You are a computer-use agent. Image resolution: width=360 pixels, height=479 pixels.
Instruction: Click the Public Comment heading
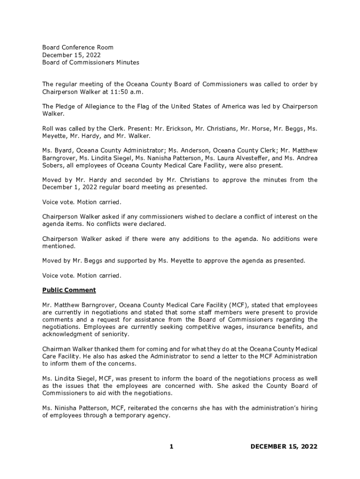(69, 290)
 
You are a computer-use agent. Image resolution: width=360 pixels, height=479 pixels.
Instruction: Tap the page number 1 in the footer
(171, 447)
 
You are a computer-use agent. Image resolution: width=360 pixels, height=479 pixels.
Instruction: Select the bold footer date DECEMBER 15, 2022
(284, 447)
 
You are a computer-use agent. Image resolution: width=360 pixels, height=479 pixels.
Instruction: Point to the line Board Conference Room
(78, 47)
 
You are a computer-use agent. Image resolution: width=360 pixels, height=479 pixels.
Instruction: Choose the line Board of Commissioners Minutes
(91, 62)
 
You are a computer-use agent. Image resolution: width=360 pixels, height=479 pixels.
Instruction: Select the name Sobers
(54, 166)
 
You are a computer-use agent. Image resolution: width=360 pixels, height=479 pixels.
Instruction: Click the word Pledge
(66, 106)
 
